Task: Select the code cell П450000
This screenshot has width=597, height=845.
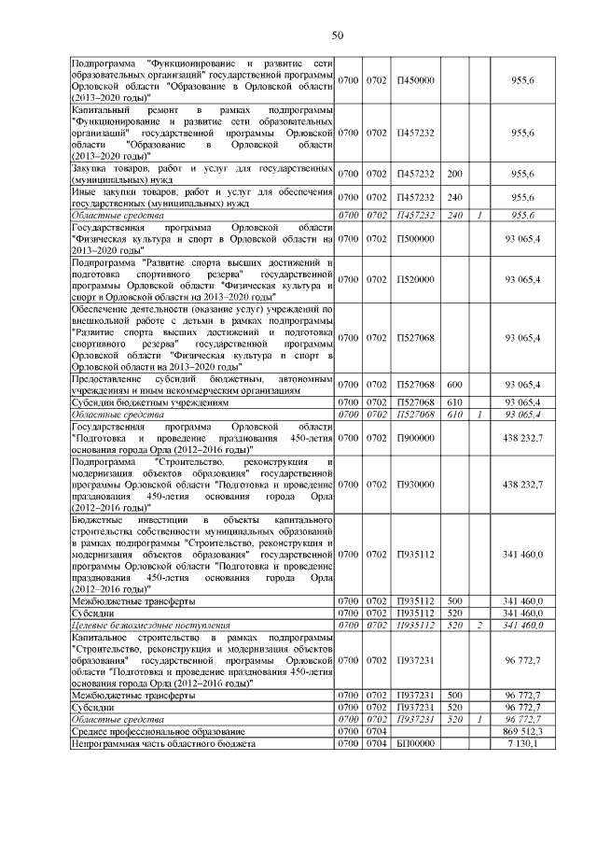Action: click(x=416, y=81)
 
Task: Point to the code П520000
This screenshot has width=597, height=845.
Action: click(x=416, y=279)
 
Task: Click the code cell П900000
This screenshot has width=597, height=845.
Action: click(x=416, y=436)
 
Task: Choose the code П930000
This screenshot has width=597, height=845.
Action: click(x=416, y=485)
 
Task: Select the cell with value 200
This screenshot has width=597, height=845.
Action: click(x=455, y=175)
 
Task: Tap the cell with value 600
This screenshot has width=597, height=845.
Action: click(x=455, y=384)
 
